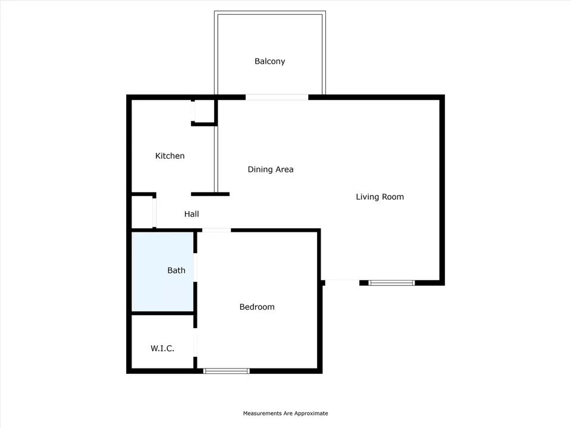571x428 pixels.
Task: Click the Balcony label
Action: (269, 61)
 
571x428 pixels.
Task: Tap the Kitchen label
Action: (170, 156)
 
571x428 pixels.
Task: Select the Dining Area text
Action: (271, 169)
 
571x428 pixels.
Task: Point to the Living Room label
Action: (379, 197)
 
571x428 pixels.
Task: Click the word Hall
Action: (192, 214)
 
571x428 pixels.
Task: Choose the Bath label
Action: (176, 270)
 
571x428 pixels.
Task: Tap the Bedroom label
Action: (257, 307)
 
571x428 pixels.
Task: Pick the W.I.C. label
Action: (162, 348)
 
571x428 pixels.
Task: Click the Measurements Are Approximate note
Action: (285, 413)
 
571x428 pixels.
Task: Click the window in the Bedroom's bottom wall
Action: (226, 371)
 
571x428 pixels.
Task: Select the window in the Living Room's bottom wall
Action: (392, 283)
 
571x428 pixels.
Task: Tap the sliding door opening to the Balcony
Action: (277, 97)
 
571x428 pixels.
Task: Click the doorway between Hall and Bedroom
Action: (217, 230)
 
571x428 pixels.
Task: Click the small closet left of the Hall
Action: (142, 212)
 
